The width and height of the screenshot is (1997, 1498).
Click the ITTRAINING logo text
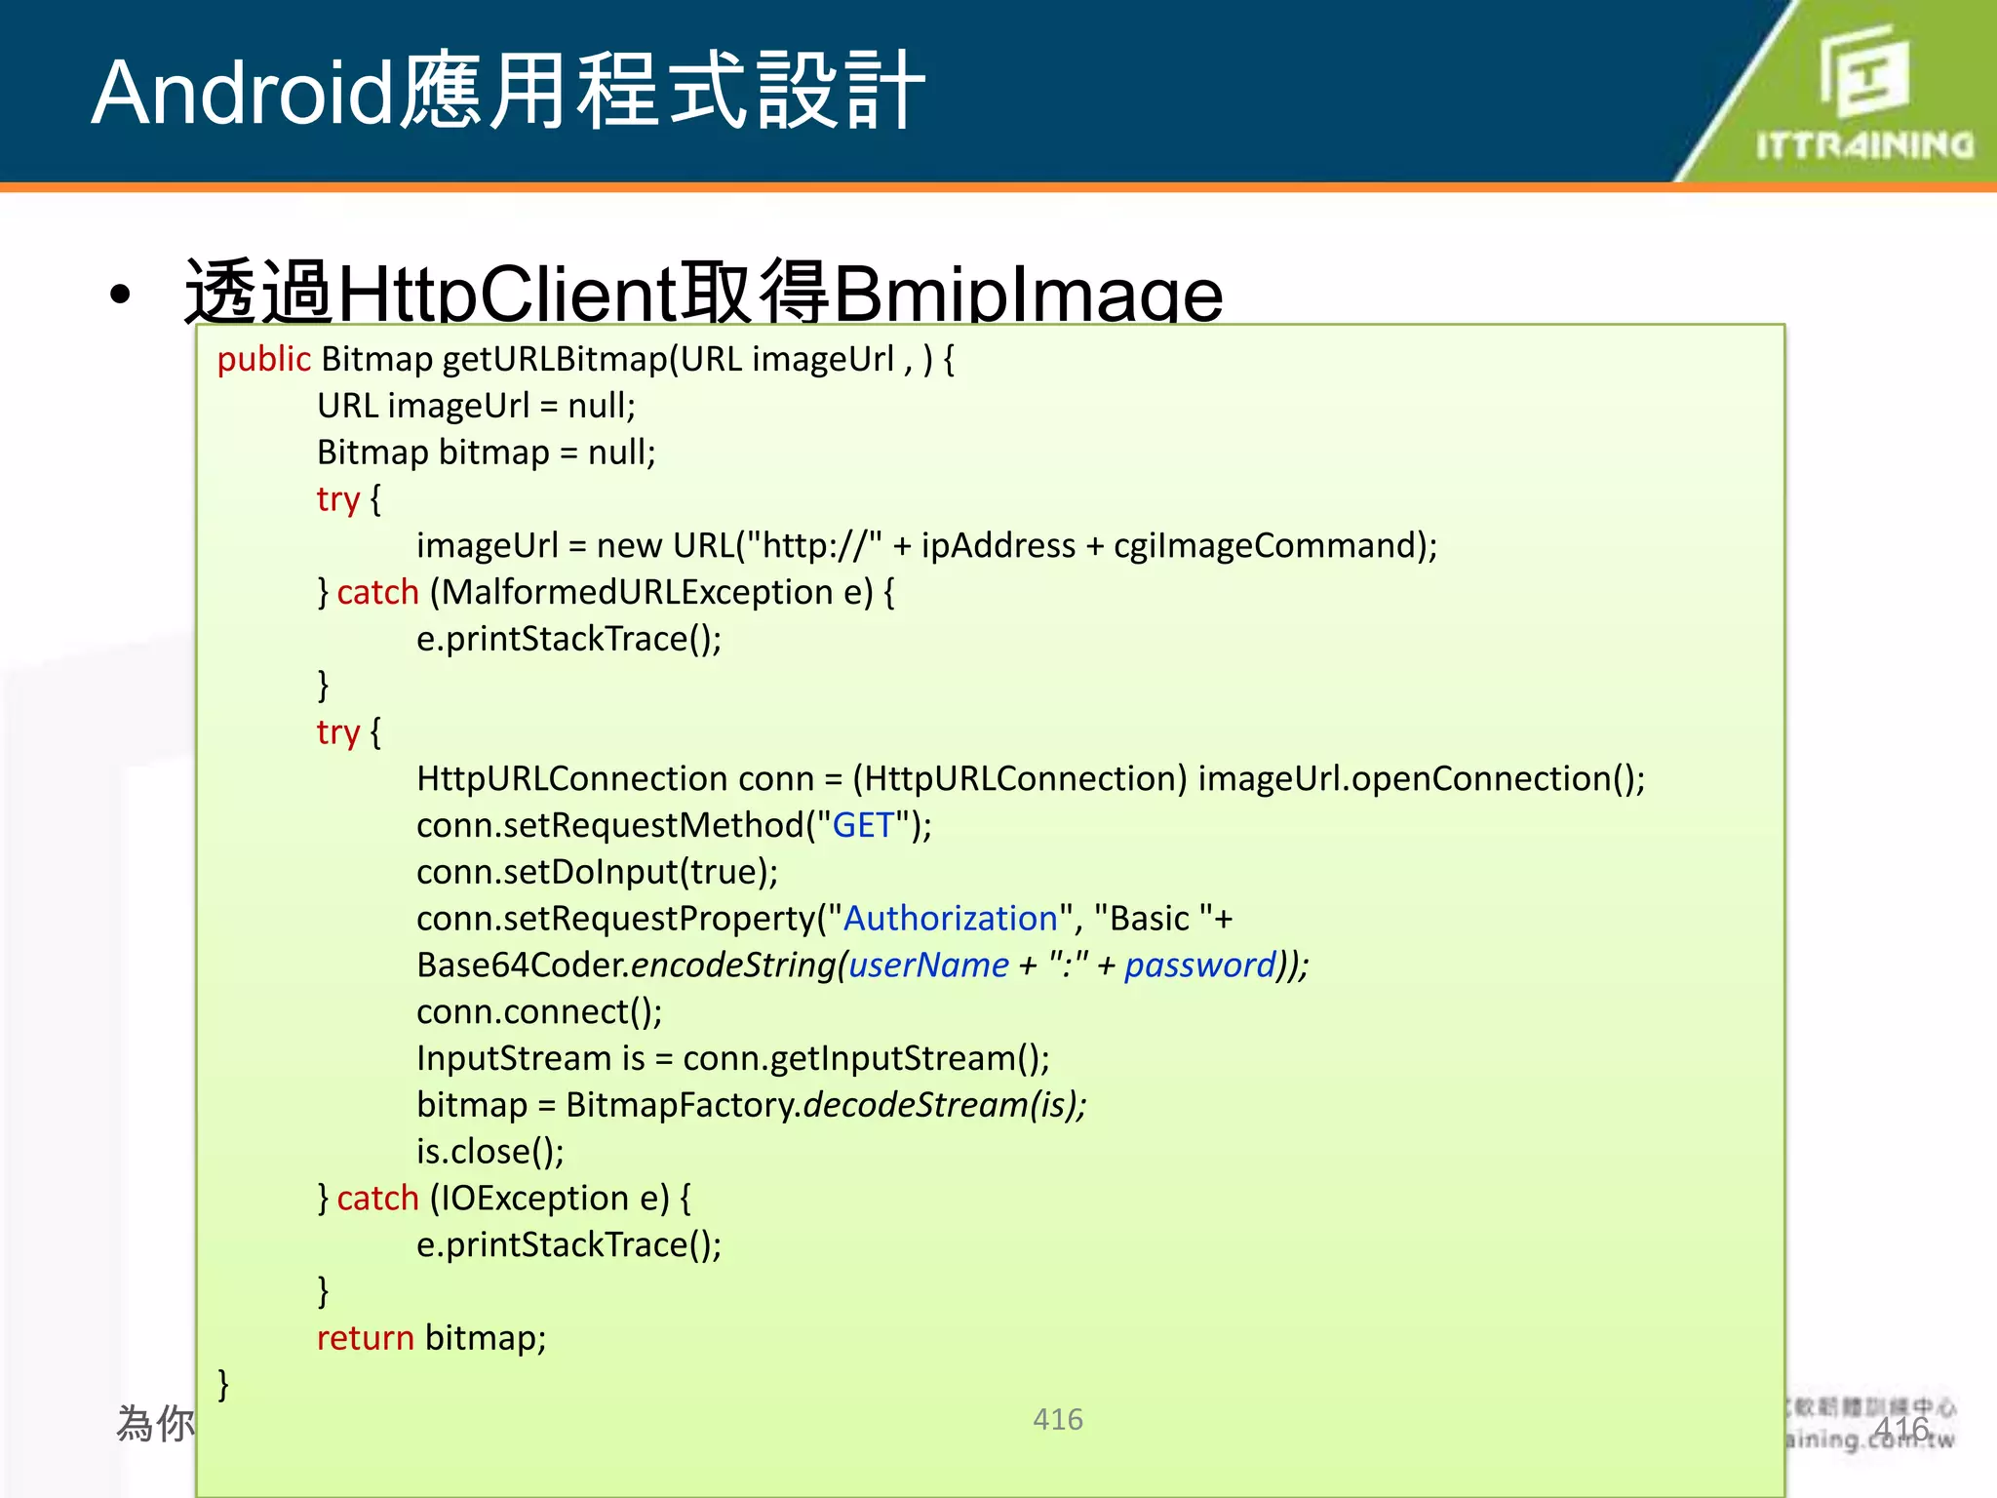pyautogui.click(x=1864, y=146)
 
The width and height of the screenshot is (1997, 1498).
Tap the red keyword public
pyautogui.click(x=263, y=360)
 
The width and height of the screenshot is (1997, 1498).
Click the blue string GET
pyautogui.click(x=863, y=826)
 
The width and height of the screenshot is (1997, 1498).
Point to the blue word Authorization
pyautogui.click(x=951, y=919)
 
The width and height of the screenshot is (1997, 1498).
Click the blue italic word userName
pyautogui.click(x=928, y=966)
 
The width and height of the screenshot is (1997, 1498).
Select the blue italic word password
pyautogui.click(x=1200, y=966)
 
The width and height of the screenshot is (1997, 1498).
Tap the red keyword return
pyautogui.click(x=366, y=1338)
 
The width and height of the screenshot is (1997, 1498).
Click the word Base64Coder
pyautogui.click(x=523, y=966)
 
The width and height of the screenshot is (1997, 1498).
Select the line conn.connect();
pyautogui.click(x=539, y=1012)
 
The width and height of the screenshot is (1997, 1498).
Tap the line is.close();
pyautogui.click(x=489, y=1152)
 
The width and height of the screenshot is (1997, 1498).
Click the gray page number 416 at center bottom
pyautogui.click(x=1058, y=1419)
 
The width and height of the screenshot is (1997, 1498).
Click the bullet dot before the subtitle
pyautogui.click(x=120, y=295)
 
